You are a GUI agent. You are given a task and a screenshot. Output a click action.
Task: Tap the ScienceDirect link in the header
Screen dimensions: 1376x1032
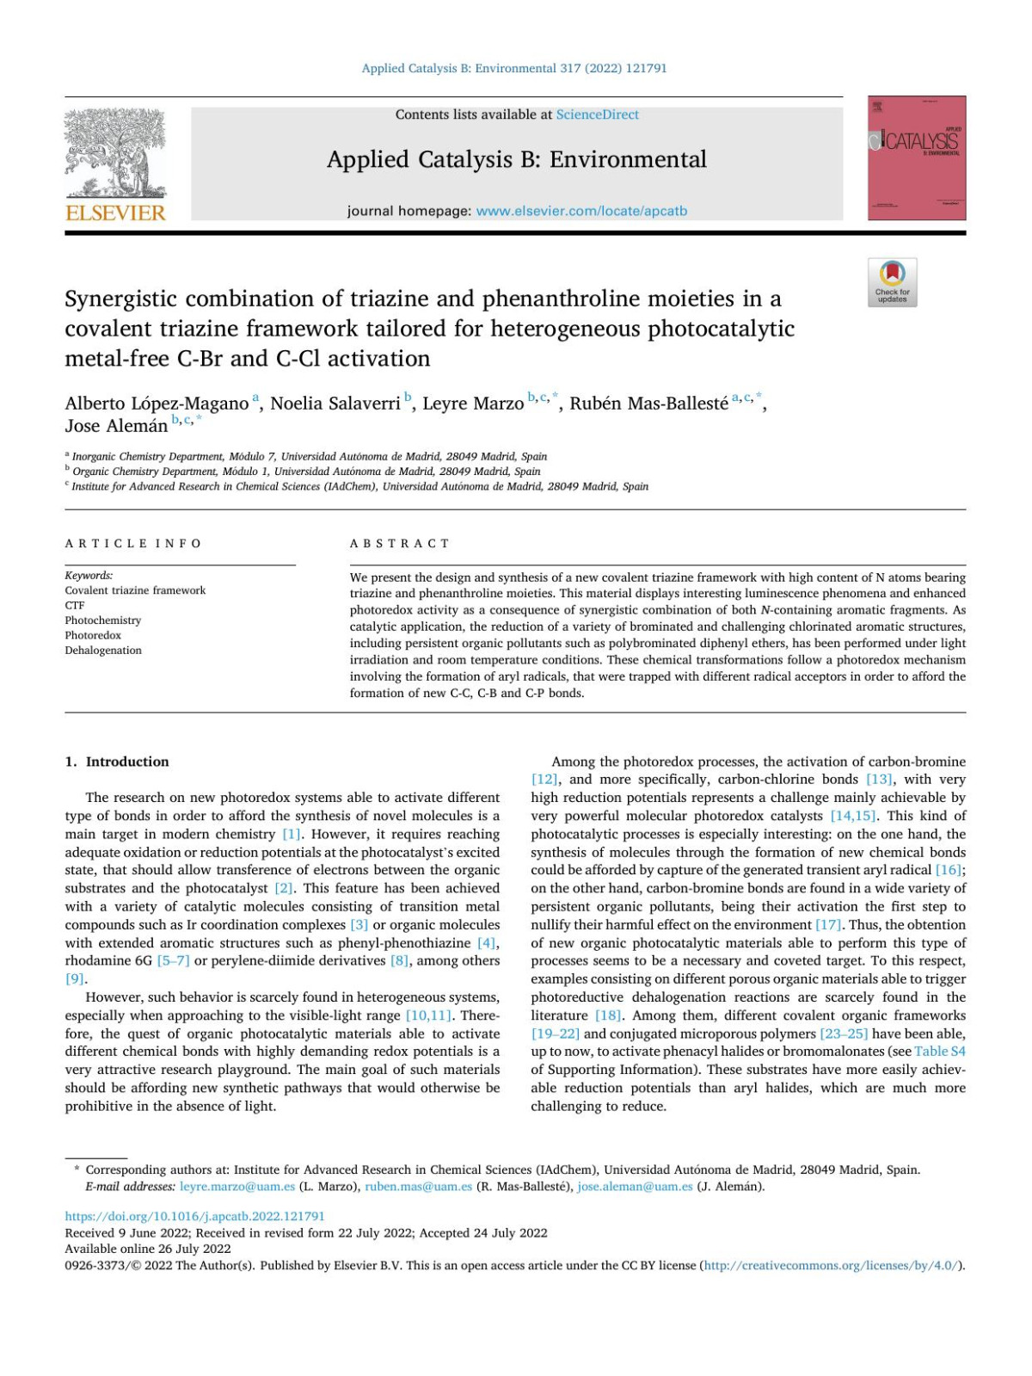(597, 114)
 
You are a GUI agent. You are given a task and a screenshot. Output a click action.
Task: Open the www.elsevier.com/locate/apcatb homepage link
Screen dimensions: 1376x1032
(581, 211)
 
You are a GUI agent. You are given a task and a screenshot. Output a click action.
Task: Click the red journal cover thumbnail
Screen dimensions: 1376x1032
(916, 158)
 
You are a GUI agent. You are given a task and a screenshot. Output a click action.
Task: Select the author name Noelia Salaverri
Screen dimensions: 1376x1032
(335, 404)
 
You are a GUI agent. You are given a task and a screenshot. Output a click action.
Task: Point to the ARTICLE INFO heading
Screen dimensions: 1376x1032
(133, 543)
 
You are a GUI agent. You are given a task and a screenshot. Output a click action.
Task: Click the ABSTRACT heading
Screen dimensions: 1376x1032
(400, 543)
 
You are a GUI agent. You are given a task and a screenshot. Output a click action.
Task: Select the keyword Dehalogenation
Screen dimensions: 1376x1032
(103, 651)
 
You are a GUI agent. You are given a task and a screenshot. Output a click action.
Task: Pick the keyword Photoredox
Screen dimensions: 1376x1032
(93, 635)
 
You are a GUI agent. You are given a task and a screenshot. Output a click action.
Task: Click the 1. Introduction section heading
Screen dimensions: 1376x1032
(117, 762)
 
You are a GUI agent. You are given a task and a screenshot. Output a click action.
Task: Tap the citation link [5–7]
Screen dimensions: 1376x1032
(173, 960)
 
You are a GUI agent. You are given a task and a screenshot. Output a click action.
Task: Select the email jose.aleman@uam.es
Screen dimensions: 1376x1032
(635, 1187)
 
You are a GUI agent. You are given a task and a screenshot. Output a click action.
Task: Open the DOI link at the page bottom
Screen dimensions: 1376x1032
(195, 1217)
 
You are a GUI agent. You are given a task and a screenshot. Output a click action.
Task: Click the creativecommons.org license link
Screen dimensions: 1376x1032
(831, 1266)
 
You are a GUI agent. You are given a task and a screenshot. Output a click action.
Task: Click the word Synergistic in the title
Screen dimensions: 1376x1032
(120, 299)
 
